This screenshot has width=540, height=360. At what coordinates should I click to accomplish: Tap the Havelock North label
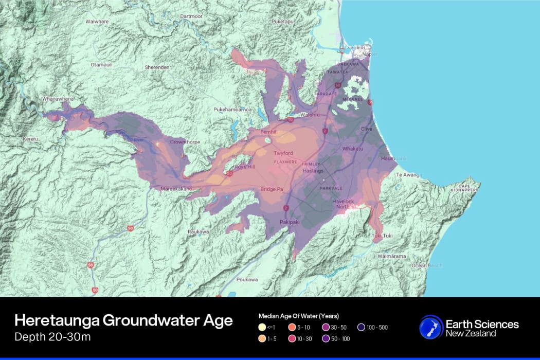(343, 204)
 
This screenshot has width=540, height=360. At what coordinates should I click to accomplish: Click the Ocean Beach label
(426, 265)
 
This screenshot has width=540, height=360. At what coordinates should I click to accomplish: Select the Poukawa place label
(247, 279)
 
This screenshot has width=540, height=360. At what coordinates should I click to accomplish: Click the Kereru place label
(31, 139)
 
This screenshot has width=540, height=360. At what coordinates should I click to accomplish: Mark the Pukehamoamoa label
(232, 110)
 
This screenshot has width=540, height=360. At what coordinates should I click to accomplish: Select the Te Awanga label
(408, 175)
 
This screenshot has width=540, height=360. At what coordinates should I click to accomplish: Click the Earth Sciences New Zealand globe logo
(430, 328)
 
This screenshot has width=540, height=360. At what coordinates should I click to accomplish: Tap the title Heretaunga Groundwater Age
(123, 321)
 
